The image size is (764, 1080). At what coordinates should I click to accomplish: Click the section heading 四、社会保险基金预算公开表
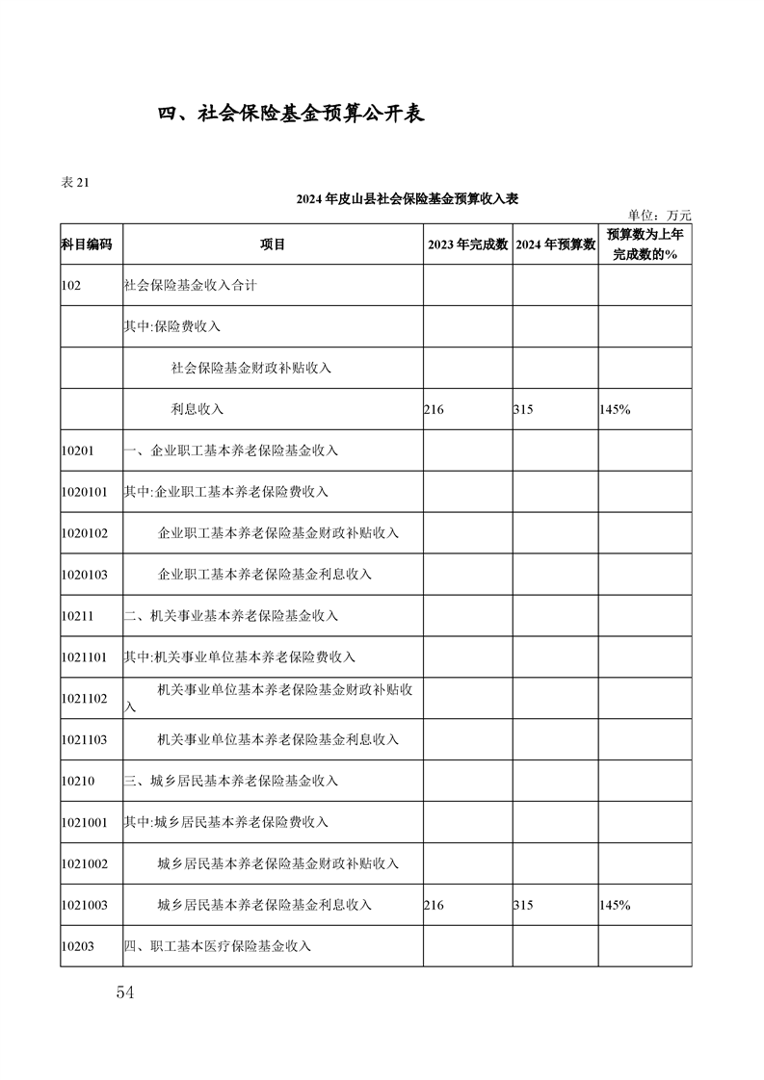(292, 113)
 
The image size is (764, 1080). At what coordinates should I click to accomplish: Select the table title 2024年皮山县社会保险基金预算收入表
(408, 199)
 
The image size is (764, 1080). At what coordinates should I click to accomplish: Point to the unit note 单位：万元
(659, 216)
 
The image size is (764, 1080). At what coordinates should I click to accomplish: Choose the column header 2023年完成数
(467, 244)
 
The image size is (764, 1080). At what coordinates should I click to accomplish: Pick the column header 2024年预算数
(555, 244)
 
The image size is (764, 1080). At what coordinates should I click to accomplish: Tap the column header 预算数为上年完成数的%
(645, 244)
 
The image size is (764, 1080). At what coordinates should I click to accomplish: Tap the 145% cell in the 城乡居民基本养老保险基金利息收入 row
(615, 906)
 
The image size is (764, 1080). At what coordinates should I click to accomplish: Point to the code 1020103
(84, 575)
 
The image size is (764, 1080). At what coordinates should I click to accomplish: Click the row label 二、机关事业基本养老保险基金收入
(230, 616)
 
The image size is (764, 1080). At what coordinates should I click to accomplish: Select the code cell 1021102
(84, 699)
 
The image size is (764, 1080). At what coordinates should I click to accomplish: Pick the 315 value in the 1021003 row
(523, 906)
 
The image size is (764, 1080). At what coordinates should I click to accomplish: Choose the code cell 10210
(77, 782)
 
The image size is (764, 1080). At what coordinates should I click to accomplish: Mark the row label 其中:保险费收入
(172, 327)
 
